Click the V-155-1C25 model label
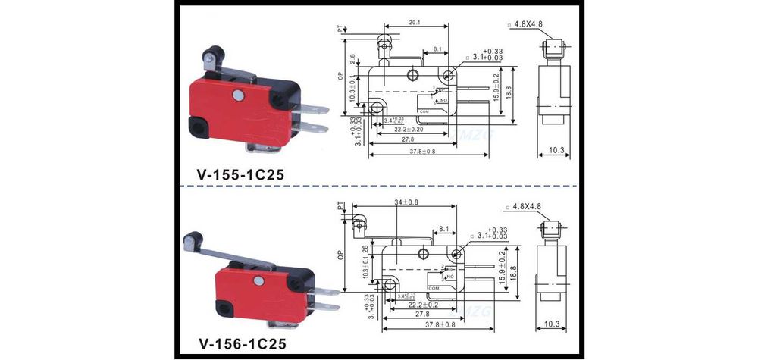(x=241, y=173)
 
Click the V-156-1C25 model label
(x=241, y=344)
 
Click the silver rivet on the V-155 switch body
(x=240, y=95)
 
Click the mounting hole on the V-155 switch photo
(x=200, y=127)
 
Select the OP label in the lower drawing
(x=338, y=265)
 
